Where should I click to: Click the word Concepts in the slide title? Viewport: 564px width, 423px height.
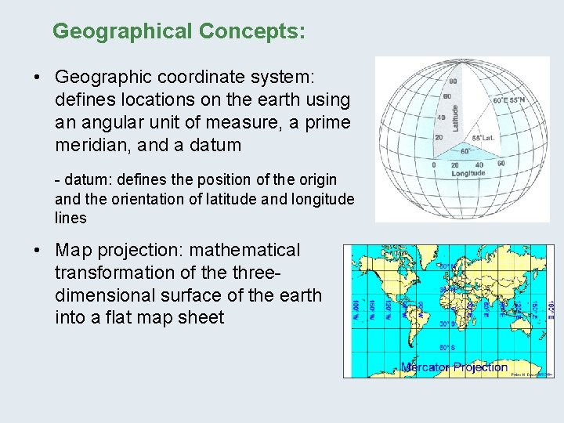(251, 31)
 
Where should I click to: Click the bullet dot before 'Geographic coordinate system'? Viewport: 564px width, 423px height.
(37, 78)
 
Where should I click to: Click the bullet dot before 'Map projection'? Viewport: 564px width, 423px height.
(37, 251)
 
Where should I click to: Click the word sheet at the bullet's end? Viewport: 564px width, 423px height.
(200, 317)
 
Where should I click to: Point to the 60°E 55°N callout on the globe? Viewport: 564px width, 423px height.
(510, 101)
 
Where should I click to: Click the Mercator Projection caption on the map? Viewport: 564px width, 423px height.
(454, 367)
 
